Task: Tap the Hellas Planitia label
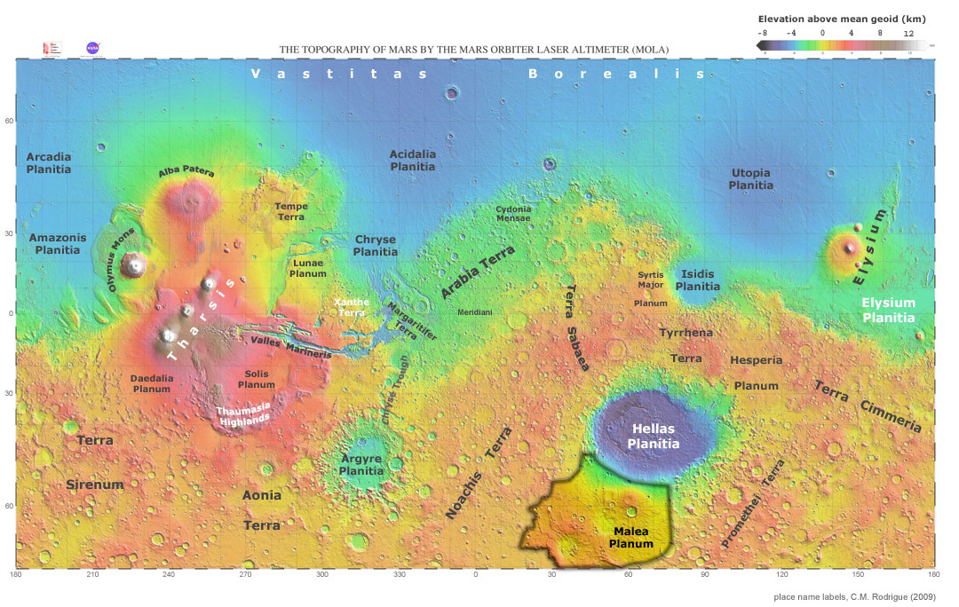654,437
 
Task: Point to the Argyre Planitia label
361,465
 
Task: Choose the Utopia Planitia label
751,179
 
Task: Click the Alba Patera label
186,172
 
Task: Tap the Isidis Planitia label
698,280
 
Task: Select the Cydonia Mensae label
513,213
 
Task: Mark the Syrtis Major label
651,280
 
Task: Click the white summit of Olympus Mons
135,264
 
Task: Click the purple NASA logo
92,47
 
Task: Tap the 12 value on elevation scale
908,32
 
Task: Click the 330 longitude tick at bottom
400,575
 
